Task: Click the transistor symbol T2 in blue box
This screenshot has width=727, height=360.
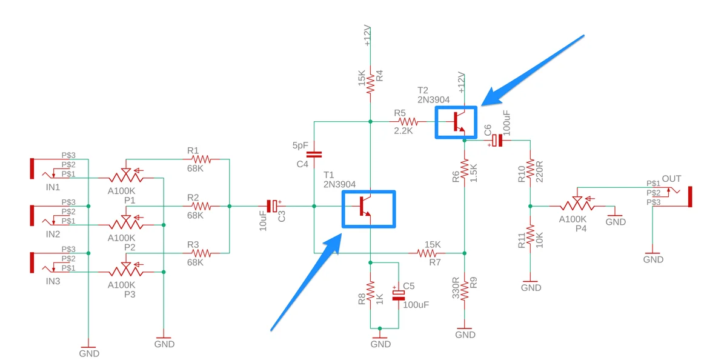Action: [x=457, y=122]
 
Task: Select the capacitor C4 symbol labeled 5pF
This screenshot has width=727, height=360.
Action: [x=314, y=155]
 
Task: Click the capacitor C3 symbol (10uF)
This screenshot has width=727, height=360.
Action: [x=274, y=207]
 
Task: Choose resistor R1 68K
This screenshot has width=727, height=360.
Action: [x=198, y=159]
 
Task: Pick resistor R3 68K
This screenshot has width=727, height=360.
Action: [x=198, y=253]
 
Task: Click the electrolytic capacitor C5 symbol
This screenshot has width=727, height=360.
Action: [x=398, y=295]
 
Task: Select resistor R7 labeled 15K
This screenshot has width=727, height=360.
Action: [x=433, y=253]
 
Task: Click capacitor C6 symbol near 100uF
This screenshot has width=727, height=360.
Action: [x=497, y=141]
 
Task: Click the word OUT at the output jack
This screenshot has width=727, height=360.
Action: [x=671, y=179]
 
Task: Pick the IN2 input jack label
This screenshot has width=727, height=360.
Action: [x=53, y=233]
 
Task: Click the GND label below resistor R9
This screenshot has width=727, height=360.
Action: [x=465, y=335]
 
